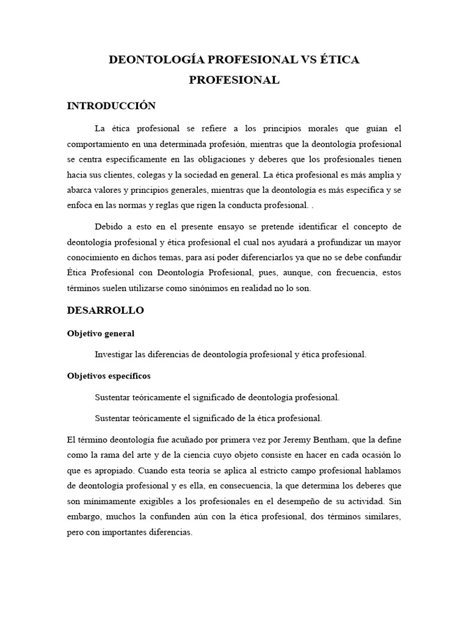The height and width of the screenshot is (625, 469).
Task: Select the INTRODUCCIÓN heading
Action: coord(111,106)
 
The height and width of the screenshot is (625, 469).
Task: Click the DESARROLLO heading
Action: coord(105,310)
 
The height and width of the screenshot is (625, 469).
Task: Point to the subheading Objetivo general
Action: coord(100,334)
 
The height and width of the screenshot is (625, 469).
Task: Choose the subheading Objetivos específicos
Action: coord(109,376)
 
